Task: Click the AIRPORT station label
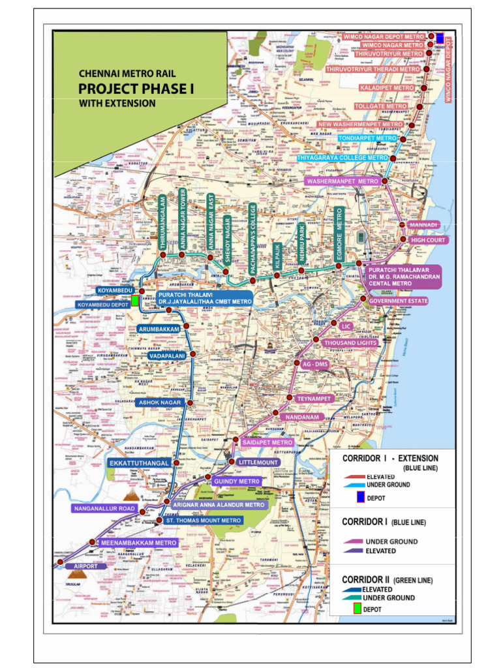click(x=85, y=566)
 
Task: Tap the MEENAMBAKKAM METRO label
click(x=138, y=543)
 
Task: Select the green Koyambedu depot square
click(x=135, y=300)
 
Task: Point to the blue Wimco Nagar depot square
click(x=440, y=37)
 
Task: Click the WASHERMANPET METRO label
click(x=342, y=181)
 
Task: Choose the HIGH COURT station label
click(x=428, y=241)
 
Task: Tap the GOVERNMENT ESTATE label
click(x=398, y=301)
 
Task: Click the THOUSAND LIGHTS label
click(x=350, y=342)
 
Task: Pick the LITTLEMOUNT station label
click(x=259, y=463)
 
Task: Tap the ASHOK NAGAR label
click(x=159, y=403)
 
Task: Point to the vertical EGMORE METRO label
click(x=339, y=235)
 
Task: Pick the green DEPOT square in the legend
click(x=356, y=609)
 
